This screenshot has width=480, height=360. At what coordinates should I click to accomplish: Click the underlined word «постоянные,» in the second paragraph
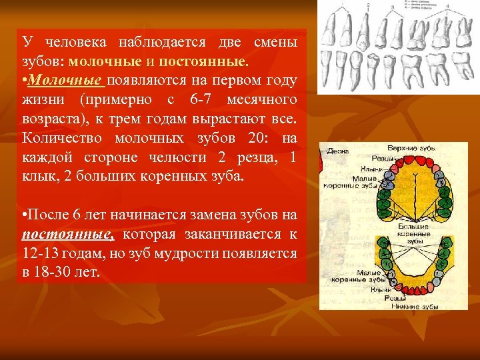[69, 235]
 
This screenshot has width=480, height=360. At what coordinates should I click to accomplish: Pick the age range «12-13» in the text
[39, 255]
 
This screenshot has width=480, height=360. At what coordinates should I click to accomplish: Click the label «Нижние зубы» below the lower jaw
[414, 306]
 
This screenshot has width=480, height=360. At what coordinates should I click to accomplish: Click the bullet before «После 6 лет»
[24, 216]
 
